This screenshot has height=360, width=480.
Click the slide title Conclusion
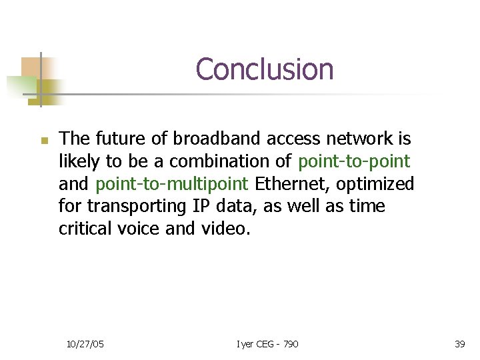click(x=265, y=69)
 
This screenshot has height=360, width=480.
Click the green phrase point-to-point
click(x=354, y=161)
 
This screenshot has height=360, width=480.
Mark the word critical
click(x=85, y=229)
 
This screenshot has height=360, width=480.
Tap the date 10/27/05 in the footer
click(x=85, y=343)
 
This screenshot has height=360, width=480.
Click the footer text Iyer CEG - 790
click(x=267, y=343)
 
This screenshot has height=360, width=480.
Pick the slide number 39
click(x=459, y=343)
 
